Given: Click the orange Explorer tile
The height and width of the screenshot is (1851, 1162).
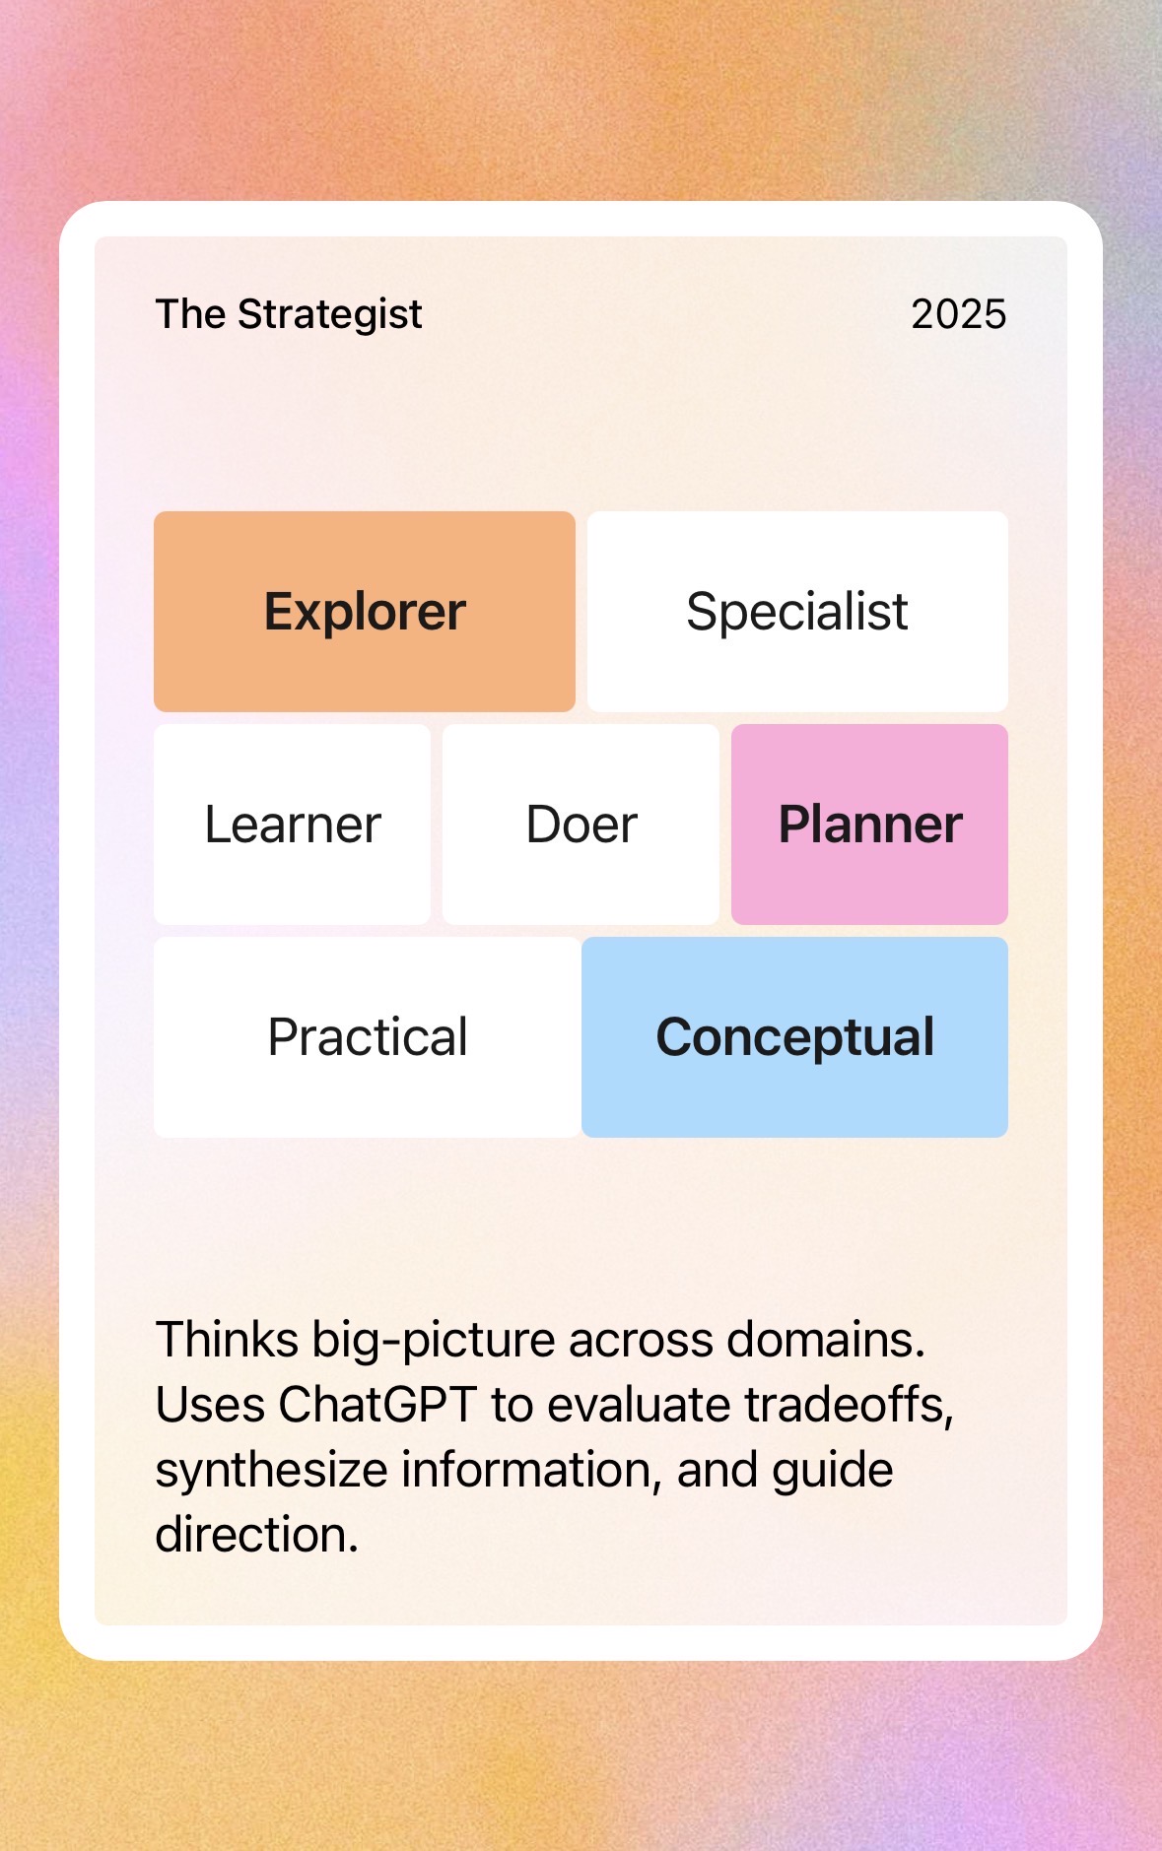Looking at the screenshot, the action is pyautogui.click(x=365, y=612).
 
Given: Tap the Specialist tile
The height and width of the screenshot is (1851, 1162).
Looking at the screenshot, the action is pyautogui.click(x=797, y=612).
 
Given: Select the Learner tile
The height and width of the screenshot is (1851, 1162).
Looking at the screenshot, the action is pyautogui.click(x=292, y=825).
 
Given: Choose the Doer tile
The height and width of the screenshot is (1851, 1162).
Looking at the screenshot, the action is pyautogui.click(x=581, y=825).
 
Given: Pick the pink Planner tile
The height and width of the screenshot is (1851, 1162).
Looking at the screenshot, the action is pyautogui.click(x=869, y=825).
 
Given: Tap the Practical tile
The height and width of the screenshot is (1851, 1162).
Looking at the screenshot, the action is pyautogui.click(x=367, y=1037).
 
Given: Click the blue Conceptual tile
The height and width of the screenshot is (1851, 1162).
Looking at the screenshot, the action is pyautogui.click(x=794, y=1037).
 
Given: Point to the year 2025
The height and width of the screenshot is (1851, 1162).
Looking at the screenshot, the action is pyautogui.click(x=958, y=314).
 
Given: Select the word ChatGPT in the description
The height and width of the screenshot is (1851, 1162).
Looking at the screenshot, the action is pyautogui.click(x=377, y=1405).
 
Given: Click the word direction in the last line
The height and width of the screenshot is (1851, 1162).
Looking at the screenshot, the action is pyautogui.click(x=256, y=1535).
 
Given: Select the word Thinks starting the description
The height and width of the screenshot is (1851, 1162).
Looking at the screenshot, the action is pyautogui.click(x=227, y=1340).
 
